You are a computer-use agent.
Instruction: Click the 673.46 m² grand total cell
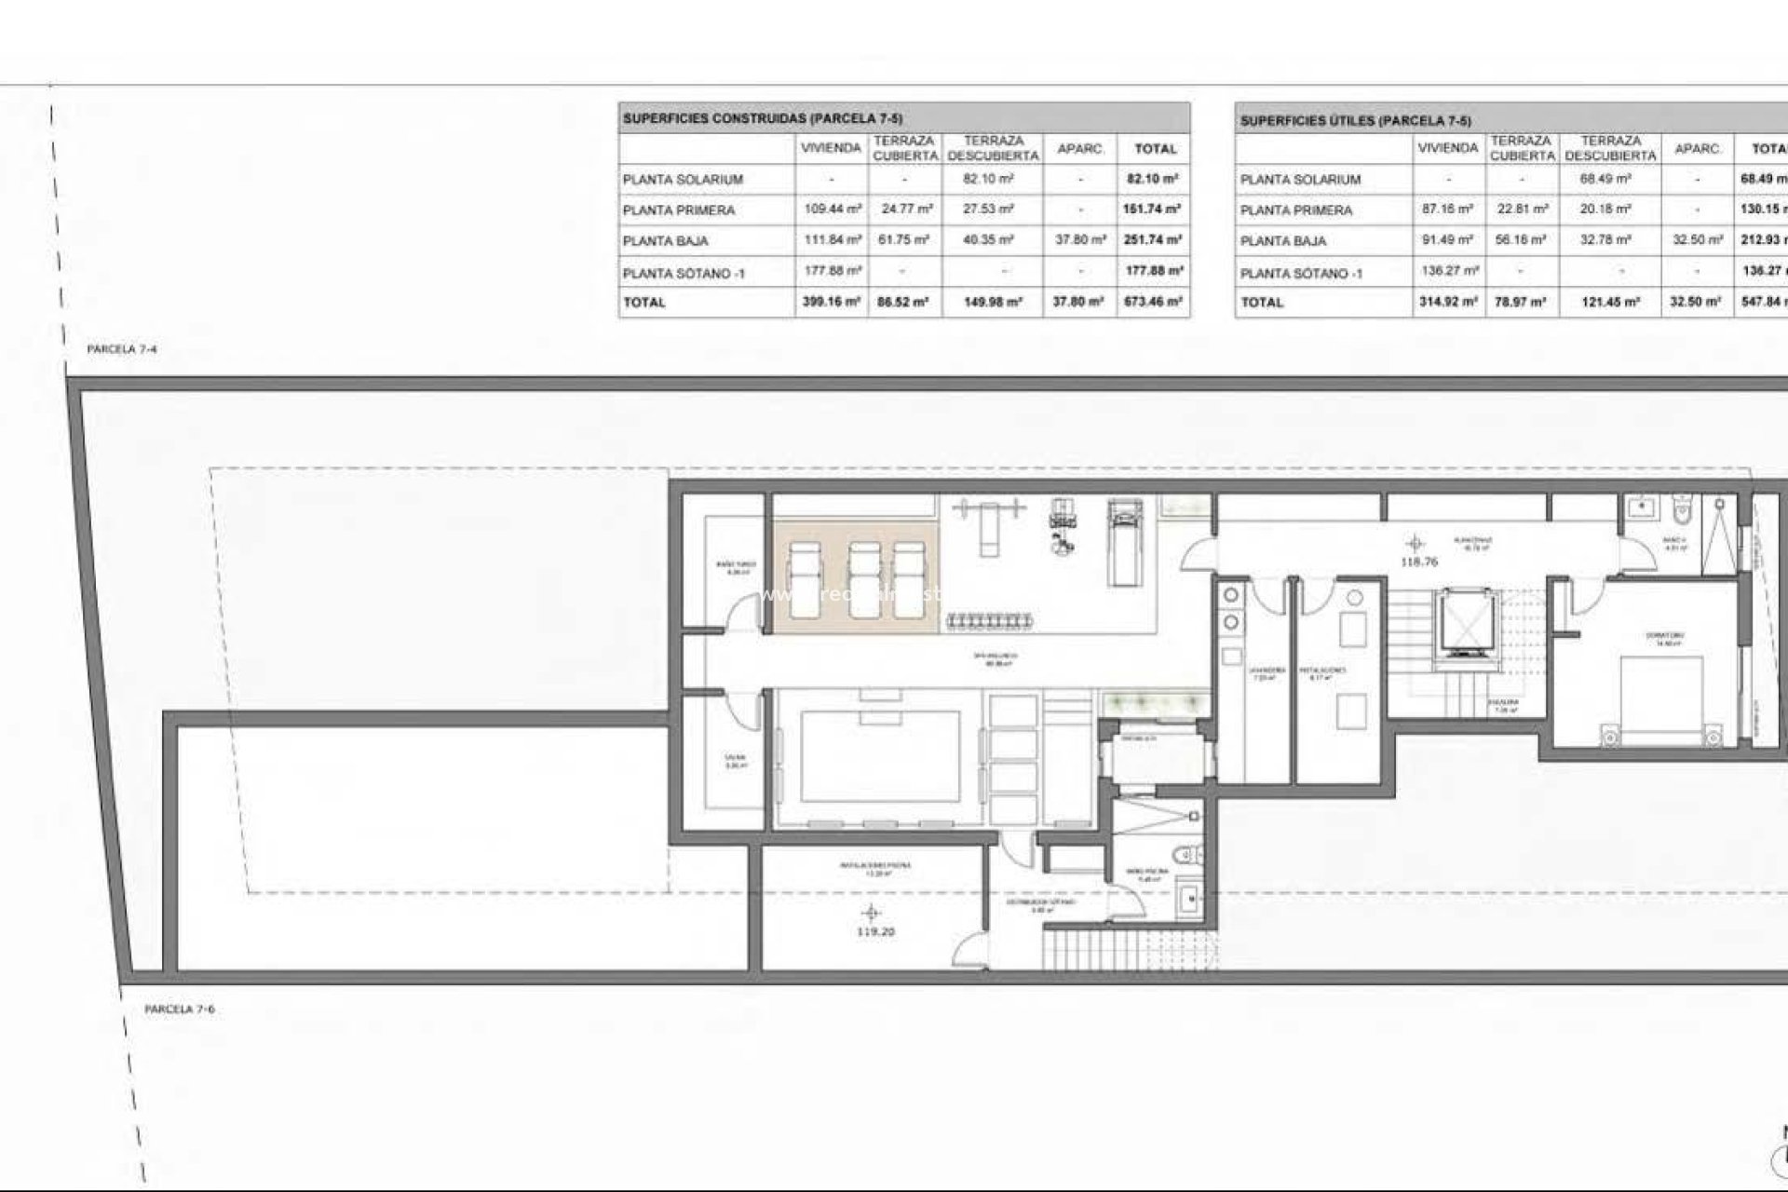[1153, 302]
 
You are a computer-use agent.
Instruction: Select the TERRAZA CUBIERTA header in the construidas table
[904, 148]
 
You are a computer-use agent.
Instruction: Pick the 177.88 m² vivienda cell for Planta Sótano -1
[832, 271]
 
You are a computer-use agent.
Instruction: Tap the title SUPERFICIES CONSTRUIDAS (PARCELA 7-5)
[762, 118]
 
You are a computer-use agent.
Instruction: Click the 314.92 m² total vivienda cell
[1447, 302]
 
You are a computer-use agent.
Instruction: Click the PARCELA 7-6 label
[180, 1009]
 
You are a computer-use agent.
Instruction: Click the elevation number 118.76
[1418, 562]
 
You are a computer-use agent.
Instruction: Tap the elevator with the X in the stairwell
[1463, 620]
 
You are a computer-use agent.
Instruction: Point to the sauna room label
[736, 761]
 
